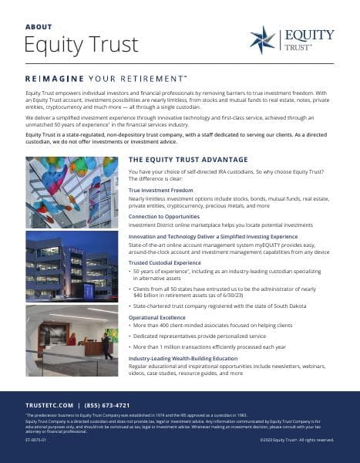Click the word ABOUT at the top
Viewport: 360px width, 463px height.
(x=39, y=25)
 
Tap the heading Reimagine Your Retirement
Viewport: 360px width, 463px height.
(x=106, y=79)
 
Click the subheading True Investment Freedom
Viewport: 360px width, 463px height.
(x=160, y=189)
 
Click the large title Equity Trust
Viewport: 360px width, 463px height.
(x=71, y=44)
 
